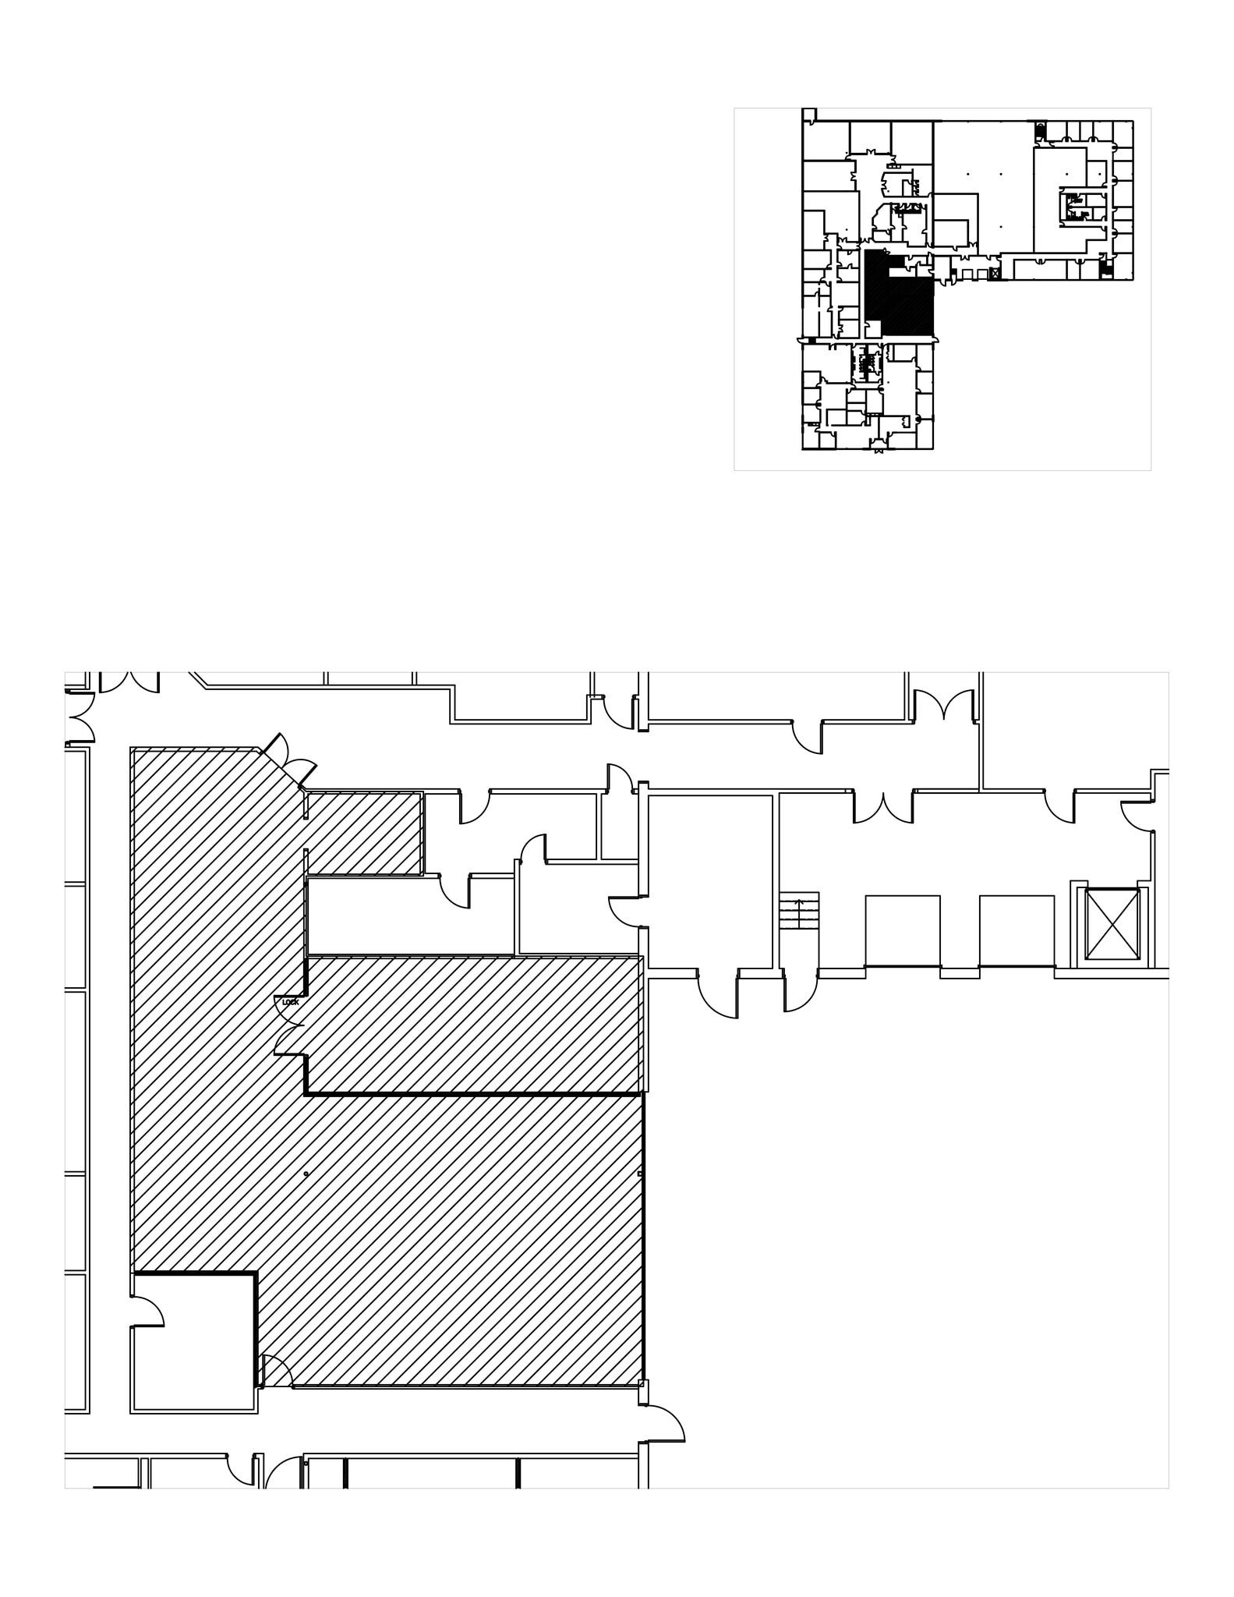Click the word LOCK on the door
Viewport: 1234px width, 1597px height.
coord(290,1002)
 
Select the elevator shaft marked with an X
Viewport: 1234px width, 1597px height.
coord(1112,925)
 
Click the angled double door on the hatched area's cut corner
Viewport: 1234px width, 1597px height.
coord(290,760)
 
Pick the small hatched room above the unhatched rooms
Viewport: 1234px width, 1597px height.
coord(365,834)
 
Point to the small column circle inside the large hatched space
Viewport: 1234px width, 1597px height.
coord(306,1174)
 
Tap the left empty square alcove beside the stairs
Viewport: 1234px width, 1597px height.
coord(902,931)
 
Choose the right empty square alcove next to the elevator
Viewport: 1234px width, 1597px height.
coord(1017,931)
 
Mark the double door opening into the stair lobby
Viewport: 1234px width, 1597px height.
coord(882,808)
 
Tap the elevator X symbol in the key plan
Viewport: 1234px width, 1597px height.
coord(994,274)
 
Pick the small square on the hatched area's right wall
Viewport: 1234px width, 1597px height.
coord(640,1174)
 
